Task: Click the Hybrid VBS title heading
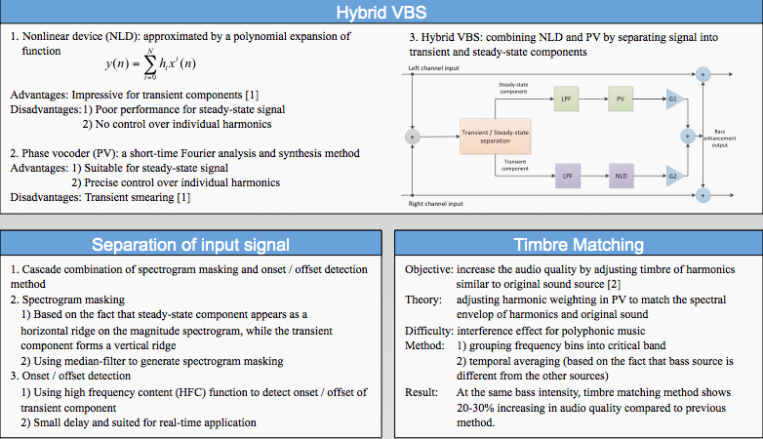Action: (x=381, y=12)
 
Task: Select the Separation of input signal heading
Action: (x=190, y=244)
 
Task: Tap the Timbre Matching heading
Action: (x=579, y=244)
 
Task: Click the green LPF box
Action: (x=566, y=99)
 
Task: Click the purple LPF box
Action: (x=568, y=176)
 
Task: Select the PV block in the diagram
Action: (x=621, y=99)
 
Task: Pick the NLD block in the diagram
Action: (x=621, y=176)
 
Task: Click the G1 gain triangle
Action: (x=674, y=99)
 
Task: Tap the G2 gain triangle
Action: (x=674, y=176)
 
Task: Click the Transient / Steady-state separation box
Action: (x=495, y=137)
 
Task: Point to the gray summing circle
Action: (x=412, y=137)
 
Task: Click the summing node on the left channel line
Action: (x=703, y=74)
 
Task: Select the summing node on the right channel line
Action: (x=703, y=196)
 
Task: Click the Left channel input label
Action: (x=433, y=68)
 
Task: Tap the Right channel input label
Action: (x=435, y=204)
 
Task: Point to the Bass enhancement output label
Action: (x=720, y=139)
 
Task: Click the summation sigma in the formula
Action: (x=150, y=64)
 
